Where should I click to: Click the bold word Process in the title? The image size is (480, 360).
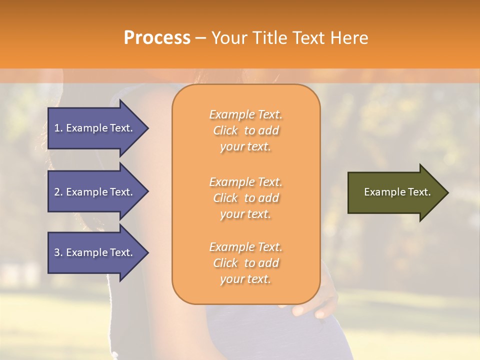(157, 38)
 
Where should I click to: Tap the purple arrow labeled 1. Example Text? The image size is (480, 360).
(95, 128)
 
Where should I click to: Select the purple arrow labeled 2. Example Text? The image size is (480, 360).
(95, 192)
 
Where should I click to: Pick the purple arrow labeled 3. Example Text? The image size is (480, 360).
(95, 252)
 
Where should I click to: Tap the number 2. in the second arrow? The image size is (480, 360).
(59, 192)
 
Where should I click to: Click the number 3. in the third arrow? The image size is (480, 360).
(59, 252)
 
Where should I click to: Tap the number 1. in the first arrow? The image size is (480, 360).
(59, 128)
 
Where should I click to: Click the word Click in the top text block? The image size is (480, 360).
(225, 131)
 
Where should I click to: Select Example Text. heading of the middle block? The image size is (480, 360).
(245, 182)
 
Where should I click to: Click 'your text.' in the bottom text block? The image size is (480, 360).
(245, 279)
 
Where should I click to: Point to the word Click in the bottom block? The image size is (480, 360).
(225, 263)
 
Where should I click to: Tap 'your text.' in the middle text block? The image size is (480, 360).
(245, 214)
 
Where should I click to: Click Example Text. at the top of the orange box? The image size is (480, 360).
(245, 115)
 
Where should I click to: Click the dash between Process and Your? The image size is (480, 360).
(200, 38)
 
